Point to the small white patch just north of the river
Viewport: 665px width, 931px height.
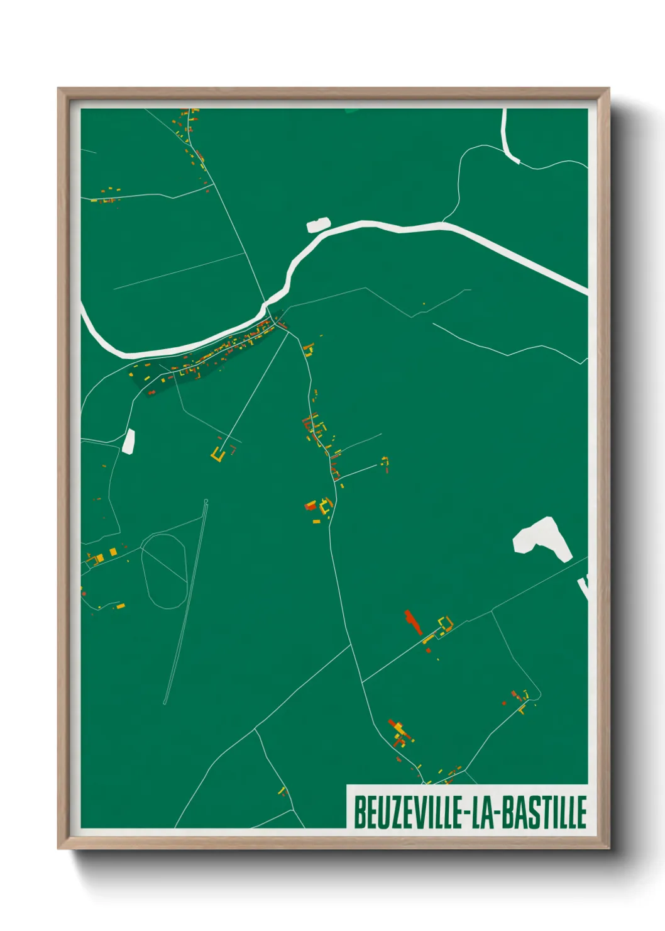pyautogui.click(x=318, y=225)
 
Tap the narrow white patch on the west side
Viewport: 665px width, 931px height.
pyautogui.click(x=129, y=441)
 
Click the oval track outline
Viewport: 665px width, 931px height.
pyautogui.click(x=164, y=571)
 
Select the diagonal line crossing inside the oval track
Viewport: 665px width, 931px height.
pyautogui.click(x=165, y=566)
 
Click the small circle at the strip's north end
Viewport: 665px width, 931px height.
pyautogui.click(x=206, y=501)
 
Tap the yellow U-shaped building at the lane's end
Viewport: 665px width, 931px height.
pyautogui.click(x=217, y=455)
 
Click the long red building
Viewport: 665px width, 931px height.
pyautogui.click(x=412, y=622)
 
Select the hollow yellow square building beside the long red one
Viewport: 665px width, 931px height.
pyautogui.click(x=446, y=624)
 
